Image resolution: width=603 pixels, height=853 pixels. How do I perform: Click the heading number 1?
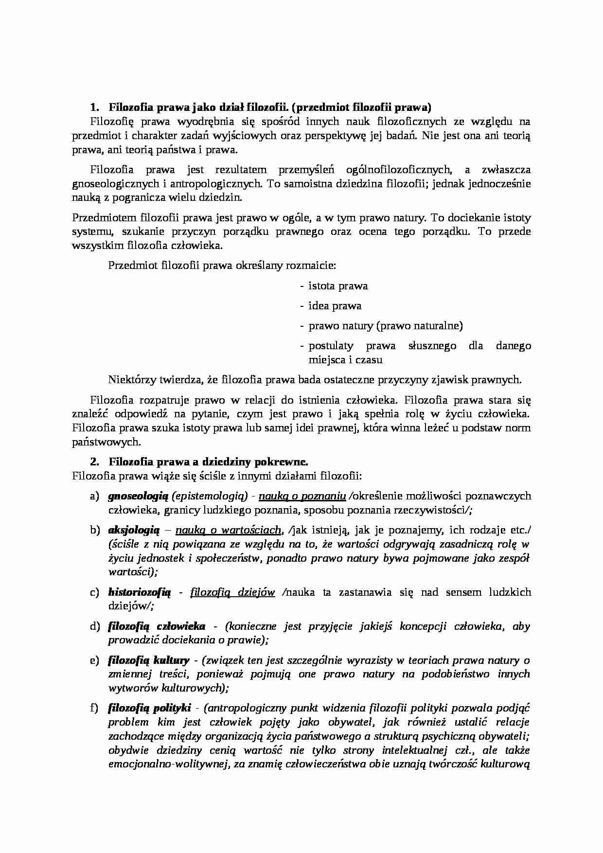pos(94,107)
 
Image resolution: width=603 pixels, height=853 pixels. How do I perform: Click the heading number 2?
pos(94,462)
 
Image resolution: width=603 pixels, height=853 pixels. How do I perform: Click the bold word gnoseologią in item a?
pos(138,496)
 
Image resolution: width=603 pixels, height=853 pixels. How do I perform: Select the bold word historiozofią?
pos(140,592)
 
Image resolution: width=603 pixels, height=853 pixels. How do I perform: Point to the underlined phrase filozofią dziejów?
pos(232,592)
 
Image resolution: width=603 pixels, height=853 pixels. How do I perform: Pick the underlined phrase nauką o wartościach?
pos(229,530)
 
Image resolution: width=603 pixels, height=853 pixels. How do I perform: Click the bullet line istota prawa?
pos(338,286)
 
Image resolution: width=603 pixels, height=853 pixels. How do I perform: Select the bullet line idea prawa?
pos(335,306)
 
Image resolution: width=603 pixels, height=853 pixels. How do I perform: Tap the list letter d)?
pos(94,626)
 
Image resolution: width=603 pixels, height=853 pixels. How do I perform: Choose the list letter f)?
pos(94,708)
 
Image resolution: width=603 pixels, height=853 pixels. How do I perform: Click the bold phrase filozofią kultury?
pos(149,660)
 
